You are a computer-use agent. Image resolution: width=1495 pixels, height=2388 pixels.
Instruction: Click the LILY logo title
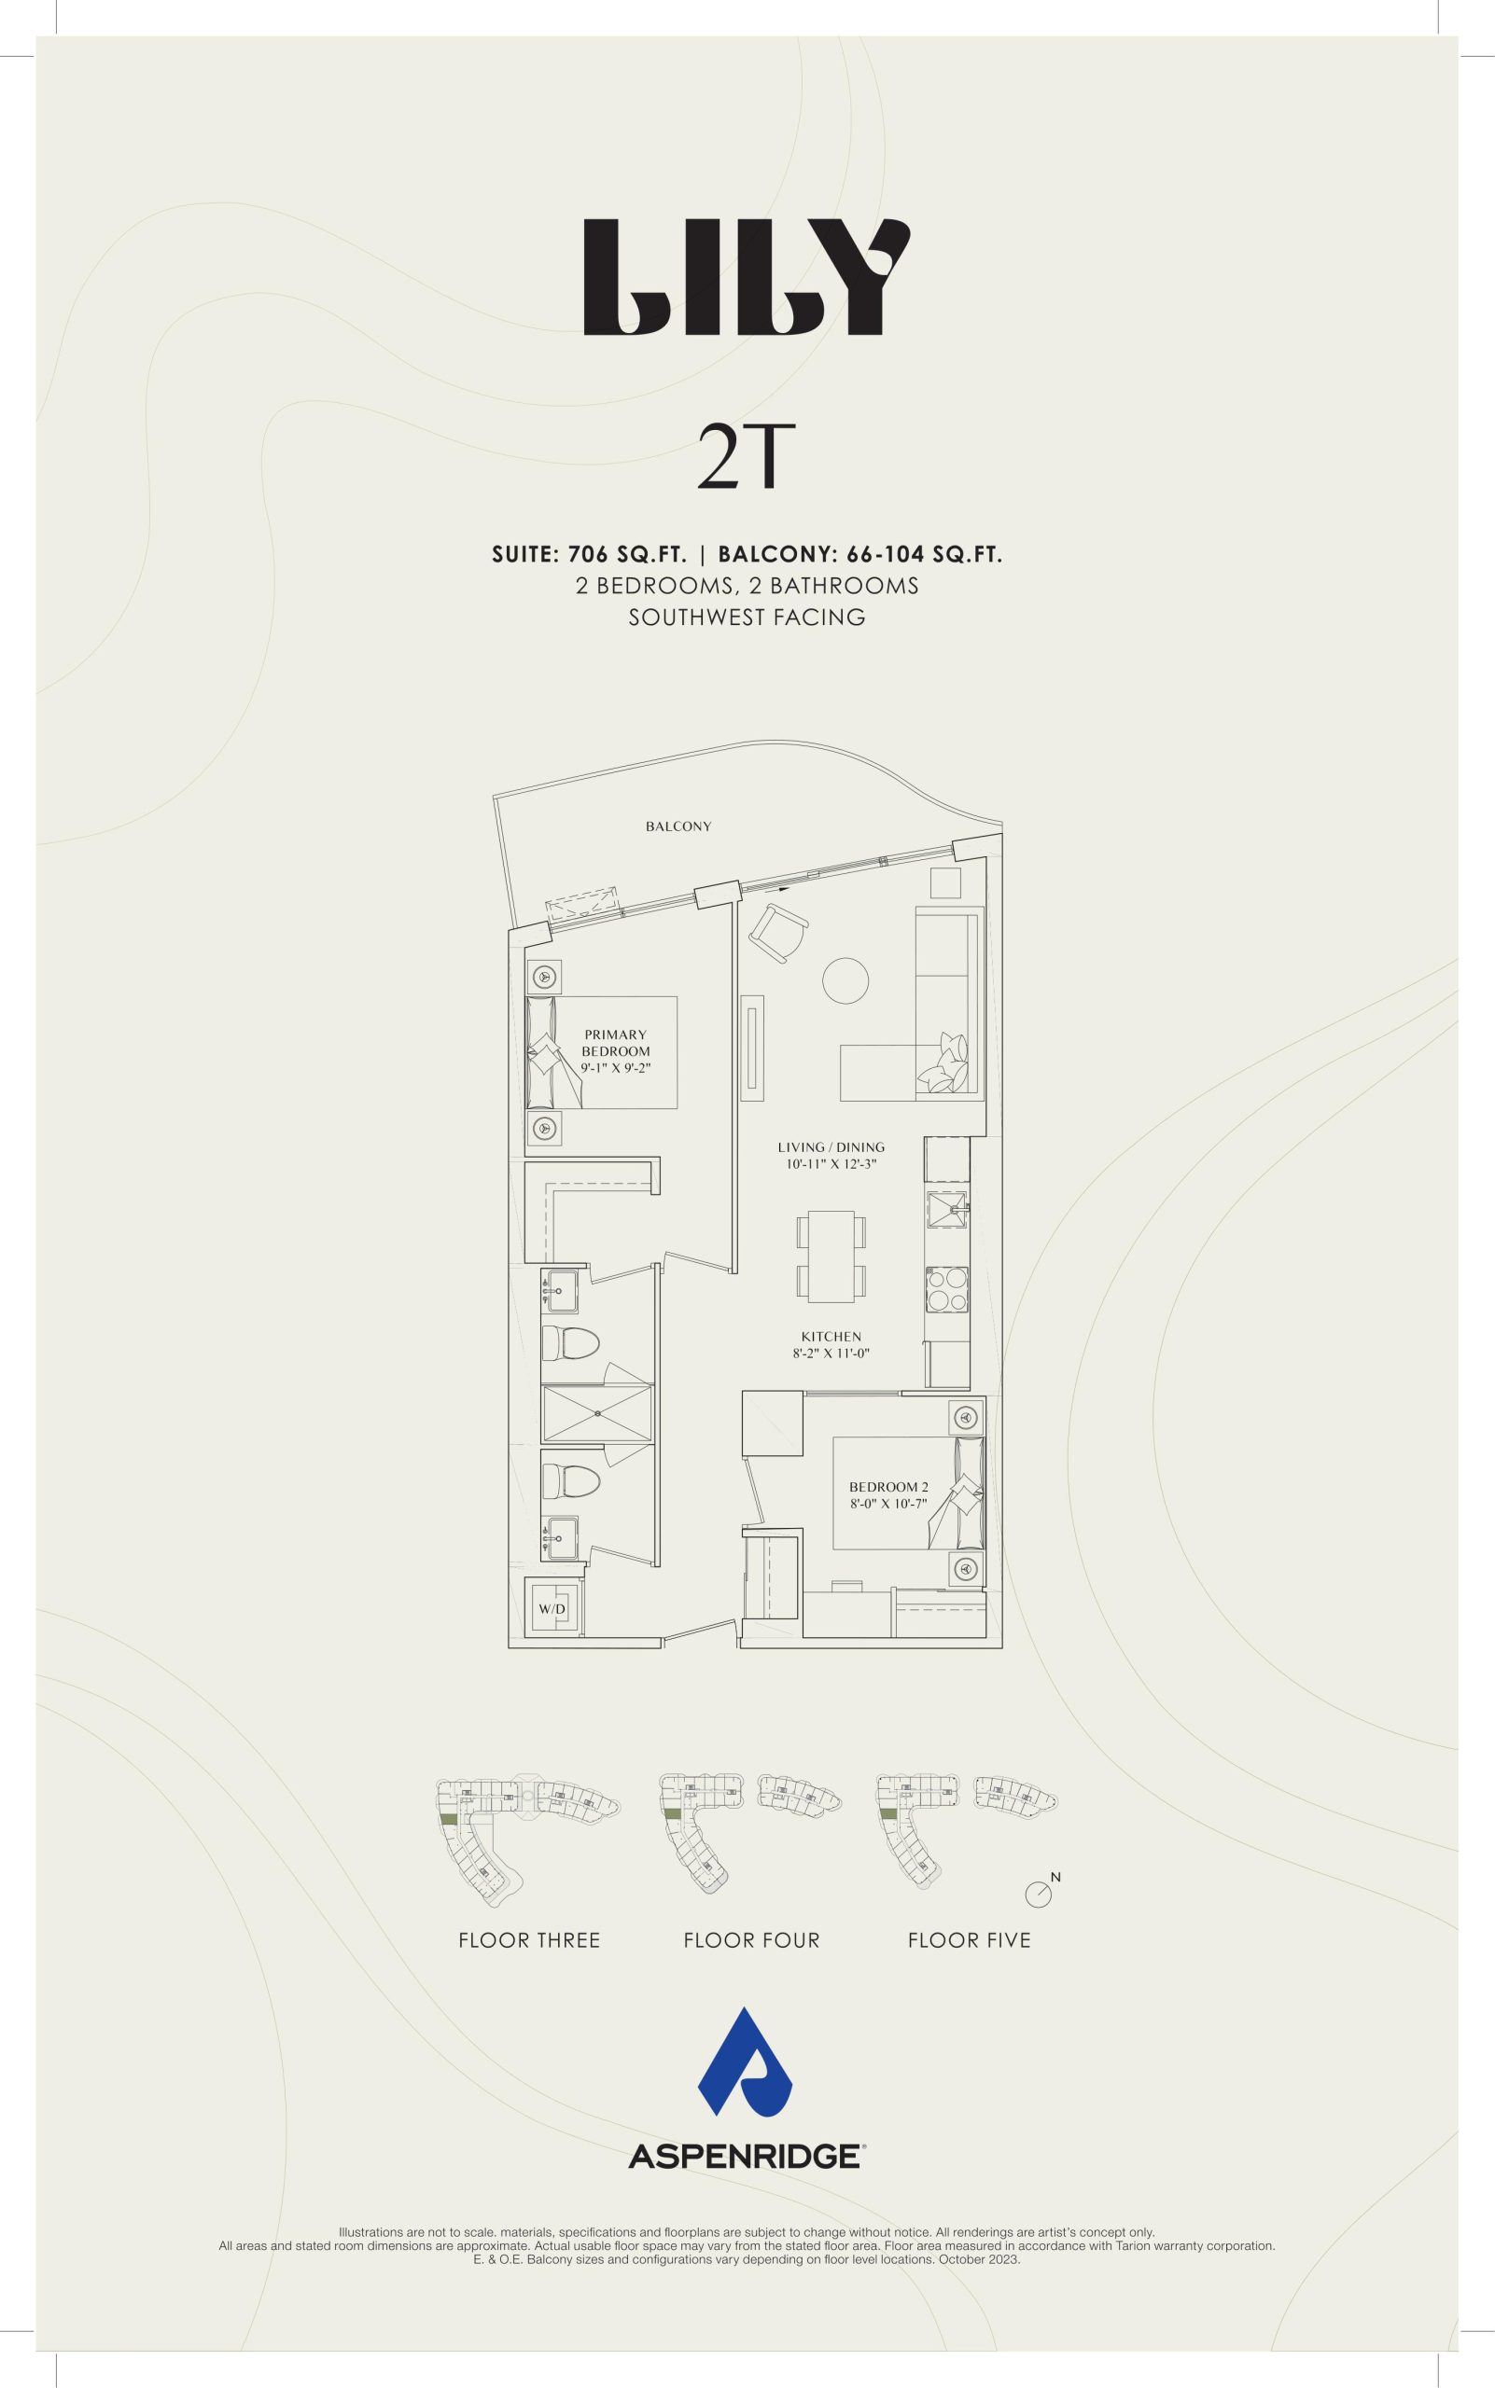[747, 278]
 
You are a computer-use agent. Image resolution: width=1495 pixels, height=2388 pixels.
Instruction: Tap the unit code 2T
[733, 458]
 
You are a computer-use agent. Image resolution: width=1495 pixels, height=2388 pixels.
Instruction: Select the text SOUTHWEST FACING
[747, 618]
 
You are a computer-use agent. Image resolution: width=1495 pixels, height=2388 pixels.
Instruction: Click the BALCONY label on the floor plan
[678, 826]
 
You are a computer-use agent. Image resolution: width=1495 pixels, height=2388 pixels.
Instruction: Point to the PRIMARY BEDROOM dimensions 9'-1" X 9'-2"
[615, 1067]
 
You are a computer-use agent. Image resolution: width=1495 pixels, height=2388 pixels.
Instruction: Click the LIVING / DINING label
[831, 1147]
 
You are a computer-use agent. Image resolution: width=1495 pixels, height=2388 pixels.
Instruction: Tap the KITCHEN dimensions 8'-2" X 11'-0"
[831, 1354]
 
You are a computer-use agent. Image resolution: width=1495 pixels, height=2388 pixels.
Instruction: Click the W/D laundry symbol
[552, 1610]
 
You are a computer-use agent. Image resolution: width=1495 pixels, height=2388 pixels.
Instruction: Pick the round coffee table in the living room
[845, 980]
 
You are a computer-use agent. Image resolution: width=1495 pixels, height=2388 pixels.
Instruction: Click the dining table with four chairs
[831, 1256]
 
